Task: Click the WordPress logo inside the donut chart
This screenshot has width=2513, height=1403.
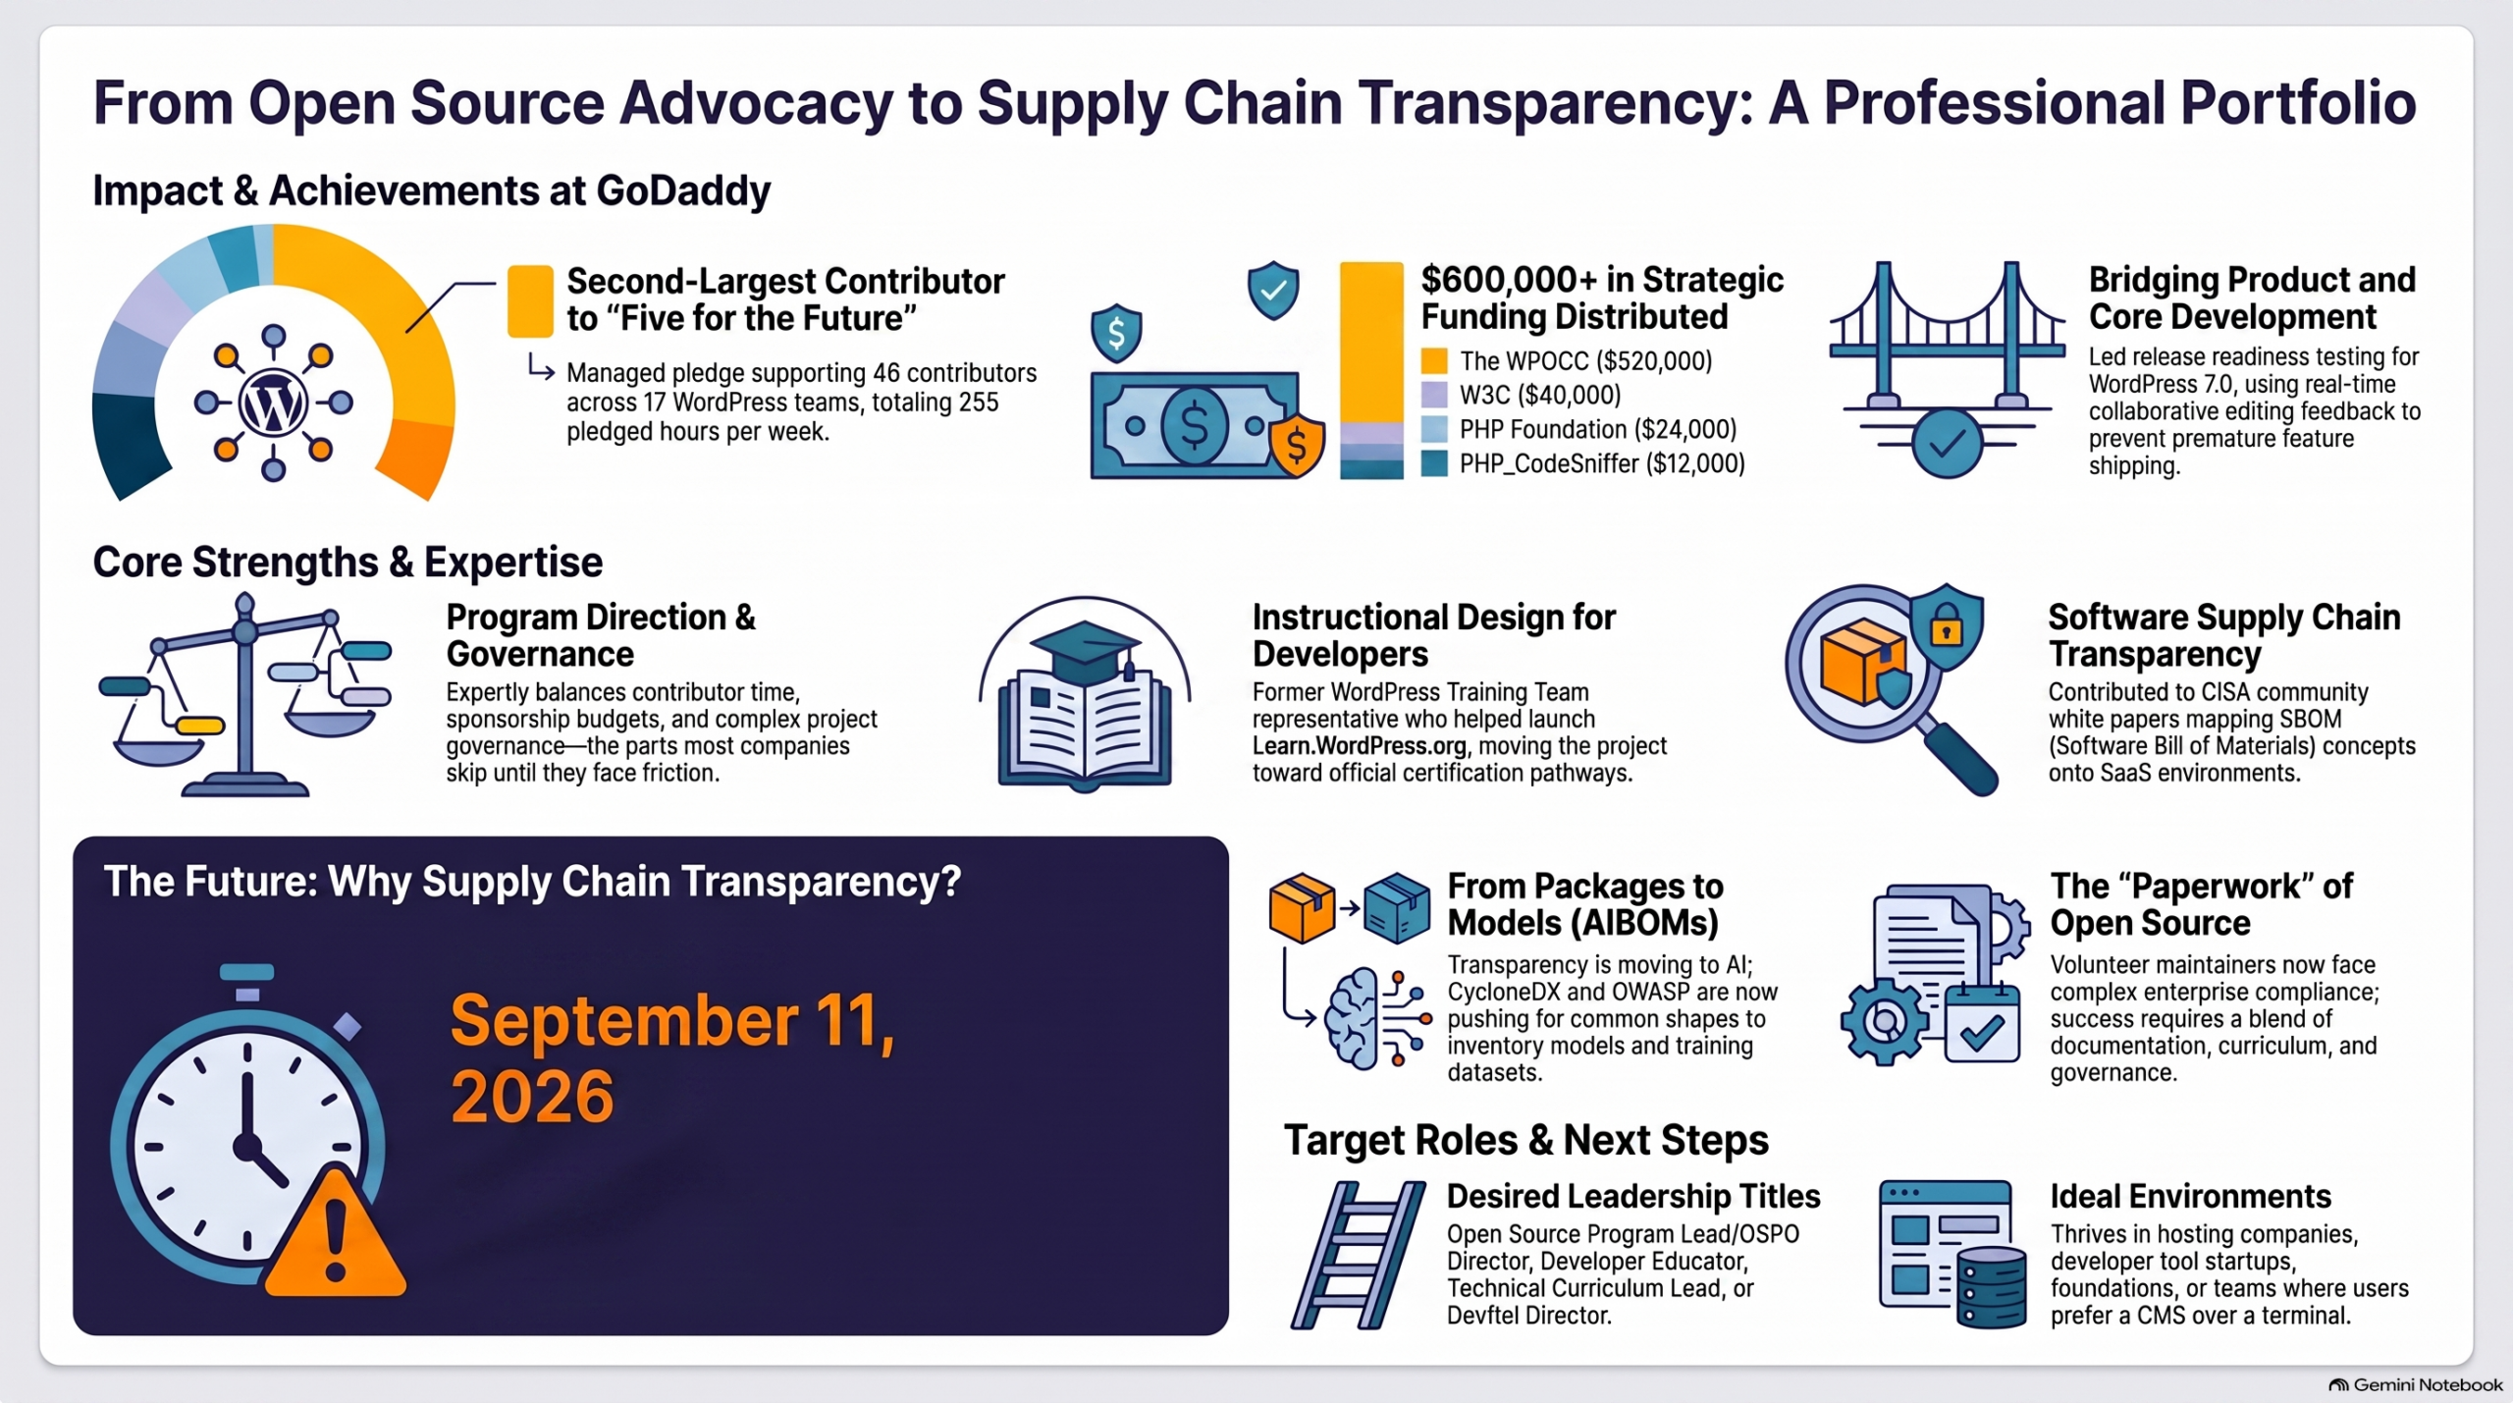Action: coord(273,403)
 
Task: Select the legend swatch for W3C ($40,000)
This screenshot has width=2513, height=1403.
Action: coord(1434,395)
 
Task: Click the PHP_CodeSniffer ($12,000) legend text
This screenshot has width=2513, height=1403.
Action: coord(1602,463)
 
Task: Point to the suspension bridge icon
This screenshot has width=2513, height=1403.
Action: coord(1948,368)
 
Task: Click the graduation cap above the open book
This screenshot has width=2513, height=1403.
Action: coord(1086,648)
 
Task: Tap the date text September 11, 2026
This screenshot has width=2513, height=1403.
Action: coord(672,1058)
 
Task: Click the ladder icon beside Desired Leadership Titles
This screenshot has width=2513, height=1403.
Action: coord(1359,1255)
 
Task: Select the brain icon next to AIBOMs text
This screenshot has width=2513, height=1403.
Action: coord(1353,1018)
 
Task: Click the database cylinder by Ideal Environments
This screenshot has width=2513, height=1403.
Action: coord(1991,1287)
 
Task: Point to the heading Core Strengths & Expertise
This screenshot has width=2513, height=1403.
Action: coord(348,563)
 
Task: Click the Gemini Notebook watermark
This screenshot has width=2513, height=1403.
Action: coord(2416,1385)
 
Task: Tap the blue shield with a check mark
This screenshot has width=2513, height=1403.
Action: coord(1273,290)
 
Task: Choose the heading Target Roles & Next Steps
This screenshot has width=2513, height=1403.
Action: coord(1526,1140)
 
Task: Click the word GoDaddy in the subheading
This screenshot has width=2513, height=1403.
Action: coord(683,190)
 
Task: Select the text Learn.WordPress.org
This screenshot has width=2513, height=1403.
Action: coord(1360,746)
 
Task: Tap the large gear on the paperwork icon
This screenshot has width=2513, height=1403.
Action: coord(1884,1021)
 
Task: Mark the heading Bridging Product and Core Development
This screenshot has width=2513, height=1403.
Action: coord(2252,298)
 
